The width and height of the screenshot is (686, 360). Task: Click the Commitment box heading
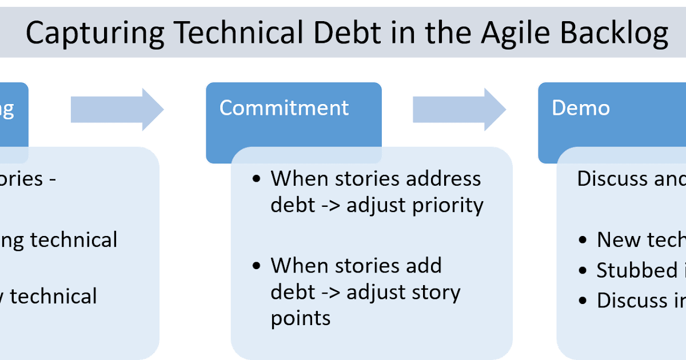click(x=284, y=107)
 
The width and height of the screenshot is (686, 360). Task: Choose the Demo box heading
click(x=581, y=107)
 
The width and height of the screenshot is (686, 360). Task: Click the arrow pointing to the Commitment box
click(x=117, y=109)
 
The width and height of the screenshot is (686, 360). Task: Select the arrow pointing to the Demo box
click(x=459, y=109)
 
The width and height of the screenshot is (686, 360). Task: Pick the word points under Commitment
click(x=300, y=318)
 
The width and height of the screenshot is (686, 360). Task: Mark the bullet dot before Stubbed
click(x=583, y=270)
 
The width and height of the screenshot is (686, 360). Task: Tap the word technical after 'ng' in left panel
click(x=74, y=239)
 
